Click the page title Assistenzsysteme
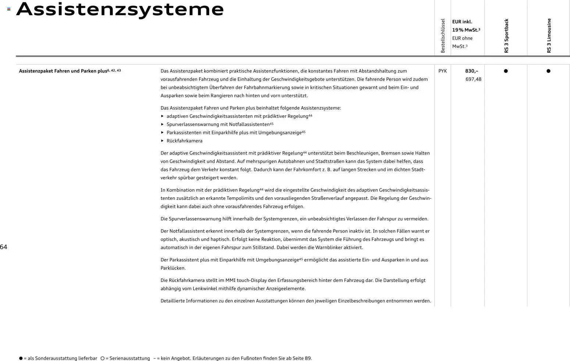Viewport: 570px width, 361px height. click(x=120, y=9)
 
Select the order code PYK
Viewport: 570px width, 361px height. click(x=442, y=71)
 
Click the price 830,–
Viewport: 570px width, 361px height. click(x=471, y=71)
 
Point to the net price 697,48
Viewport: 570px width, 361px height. click(x=473, y=79)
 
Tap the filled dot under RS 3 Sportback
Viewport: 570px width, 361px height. click(x=506, y=71)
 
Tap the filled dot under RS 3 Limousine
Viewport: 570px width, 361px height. click(x=548, y=71)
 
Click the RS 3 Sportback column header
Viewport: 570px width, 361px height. click(x=506, y=36)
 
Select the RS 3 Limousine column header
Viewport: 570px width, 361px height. click(x=549, y=36)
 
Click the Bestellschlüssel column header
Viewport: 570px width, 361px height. click(x=443, y=36)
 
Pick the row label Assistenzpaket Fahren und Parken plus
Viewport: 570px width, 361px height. click(x=63, y=71)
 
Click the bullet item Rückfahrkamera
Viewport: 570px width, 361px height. click(x=184, y=141)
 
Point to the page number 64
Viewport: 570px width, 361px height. click(x=4, y=247)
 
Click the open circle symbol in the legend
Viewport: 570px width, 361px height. click(x=103, y=358)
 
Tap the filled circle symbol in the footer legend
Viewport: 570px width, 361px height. click(x=21, y=358)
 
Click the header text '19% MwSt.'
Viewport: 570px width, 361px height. click(x=465, y=30)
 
